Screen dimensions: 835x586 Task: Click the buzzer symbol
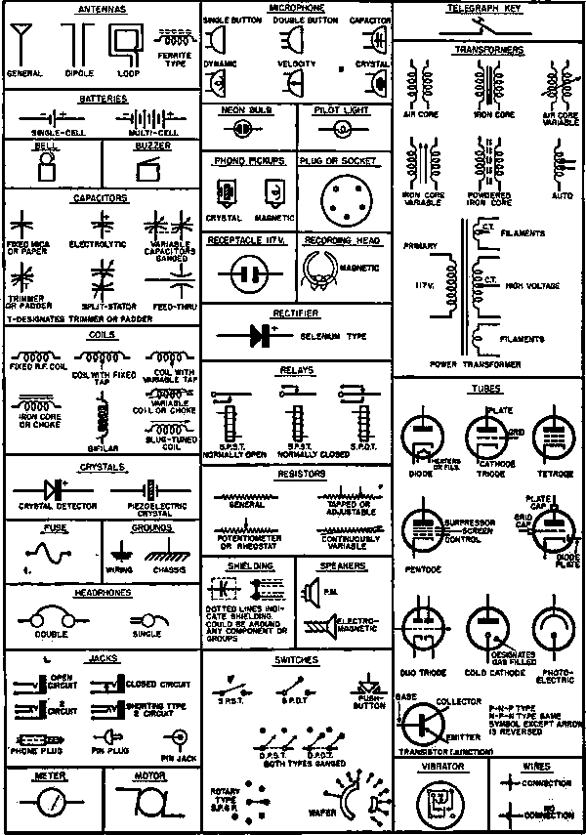pos(148,168)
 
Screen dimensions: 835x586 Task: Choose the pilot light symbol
pos(342,129)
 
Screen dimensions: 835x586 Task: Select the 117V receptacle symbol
pos(248,271)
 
